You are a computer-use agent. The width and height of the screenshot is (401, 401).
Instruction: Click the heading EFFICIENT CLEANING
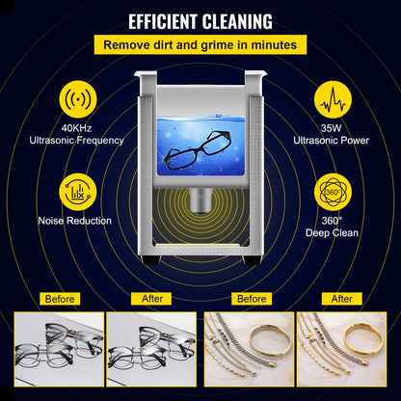point(200,20)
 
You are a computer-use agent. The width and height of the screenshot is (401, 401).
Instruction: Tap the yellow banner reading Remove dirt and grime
point(200,44)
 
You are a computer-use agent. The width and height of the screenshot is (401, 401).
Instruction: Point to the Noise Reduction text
point(76,221)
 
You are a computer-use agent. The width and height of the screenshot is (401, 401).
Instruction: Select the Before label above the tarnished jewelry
point(251,299)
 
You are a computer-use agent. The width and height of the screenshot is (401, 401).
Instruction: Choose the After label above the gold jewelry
point(342,299)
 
